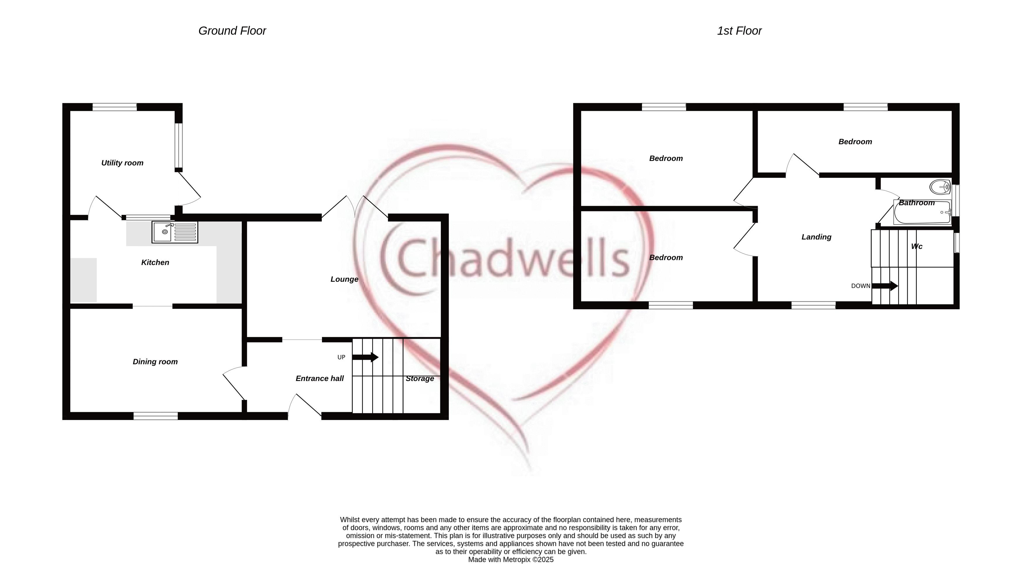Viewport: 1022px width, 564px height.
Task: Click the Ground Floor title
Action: (x=232, y=31)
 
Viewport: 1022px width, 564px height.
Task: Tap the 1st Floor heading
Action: (x=739, y=31)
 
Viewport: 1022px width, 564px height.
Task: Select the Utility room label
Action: (x=122, y=163)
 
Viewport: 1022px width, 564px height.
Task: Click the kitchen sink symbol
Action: (x=175, y=232)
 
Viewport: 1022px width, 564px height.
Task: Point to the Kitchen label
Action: (x=155, y=262)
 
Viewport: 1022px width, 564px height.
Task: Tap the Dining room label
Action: (x=155, y=362)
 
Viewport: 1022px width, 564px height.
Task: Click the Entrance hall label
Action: (x=320, y=378)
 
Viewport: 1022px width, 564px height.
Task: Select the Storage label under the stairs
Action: (x=420, y=379)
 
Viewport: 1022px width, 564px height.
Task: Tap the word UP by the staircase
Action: (x=341, y=357)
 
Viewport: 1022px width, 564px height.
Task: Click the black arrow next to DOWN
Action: (x=885, y=286)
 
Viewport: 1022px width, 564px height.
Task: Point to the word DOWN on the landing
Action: (x=861, y=286)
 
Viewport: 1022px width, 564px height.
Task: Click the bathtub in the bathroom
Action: (x=922, y=212)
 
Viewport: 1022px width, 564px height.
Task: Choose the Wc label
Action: (x=917, y=247)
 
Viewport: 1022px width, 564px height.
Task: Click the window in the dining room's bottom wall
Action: (x=156, y=416)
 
